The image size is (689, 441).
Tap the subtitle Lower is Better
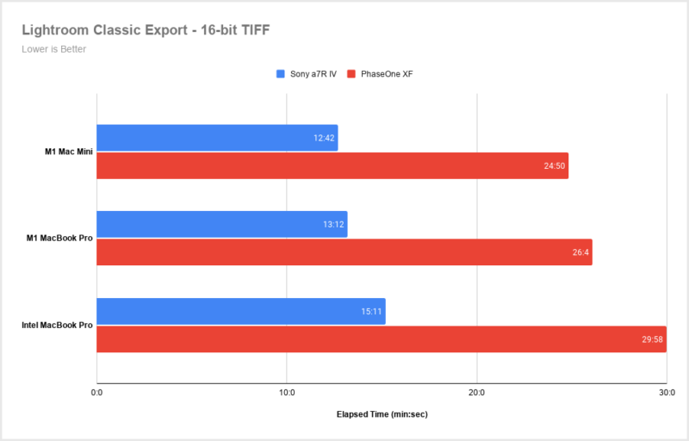(x=53, y=49)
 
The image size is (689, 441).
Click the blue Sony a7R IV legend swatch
(x=281, y=74)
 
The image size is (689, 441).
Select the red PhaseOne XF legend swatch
(x=351, y=74)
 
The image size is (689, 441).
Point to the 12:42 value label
(x=324, y=138)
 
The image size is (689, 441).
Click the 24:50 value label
(x=555, y=165)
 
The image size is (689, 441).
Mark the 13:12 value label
(x=333, y=224)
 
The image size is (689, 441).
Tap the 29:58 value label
(x=652, y=339)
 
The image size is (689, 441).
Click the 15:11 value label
(x=371, y=311)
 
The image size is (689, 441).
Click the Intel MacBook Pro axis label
(x=58, y=325)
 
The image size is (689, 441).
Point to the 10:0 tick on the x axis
(x=287, y=393)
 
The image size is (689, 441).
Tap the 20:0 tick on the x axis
(x=476, y=393)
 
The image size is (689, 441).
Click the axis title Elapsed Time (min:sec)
(x=382, y=414)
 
